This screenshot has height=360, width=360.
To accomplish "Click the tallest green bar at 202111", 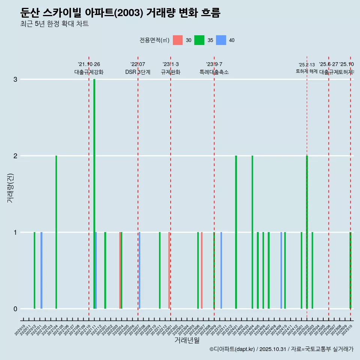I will (94, 194).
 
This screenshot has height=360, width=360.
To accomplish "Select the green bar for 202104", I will (56, 232).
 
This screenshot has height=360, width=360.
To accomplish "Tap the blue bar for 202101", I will (41, 270).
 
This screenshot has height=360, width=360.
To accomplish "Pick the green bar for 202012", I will (34, 270).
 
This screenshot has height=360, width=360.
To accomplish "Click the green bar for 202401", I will (236, 232).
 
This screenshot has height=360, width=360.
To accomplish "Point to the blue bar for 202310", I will (221, 270).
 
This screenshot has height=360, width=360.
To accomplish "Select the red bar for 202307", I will (202, 270).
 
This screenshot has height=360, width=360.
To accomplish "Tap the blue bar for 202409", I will (281, 270).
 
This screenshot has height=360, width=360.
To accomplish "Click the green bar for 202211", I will (160, 270).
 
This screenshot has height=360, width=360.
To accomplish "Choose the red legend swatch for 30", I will (178, 40).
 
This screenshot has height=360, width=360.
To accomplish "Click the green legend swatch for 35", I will (199, 40).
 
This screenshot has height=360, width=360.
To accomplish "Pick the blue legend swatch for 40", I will (221, 40).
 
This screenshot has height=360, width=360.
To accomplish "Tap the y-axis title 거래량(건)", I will (10, 188).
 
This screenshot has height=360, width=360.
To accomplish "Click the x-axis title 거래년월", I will (187, 340).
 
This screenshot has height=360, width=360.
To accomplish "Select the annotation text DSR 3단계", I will (138, 72).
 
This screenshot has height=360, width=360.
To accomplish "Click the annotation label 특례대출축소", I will (214, 72).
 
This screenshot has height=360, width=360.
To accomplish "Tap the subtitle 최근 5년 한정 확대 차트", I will (55, 24).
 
